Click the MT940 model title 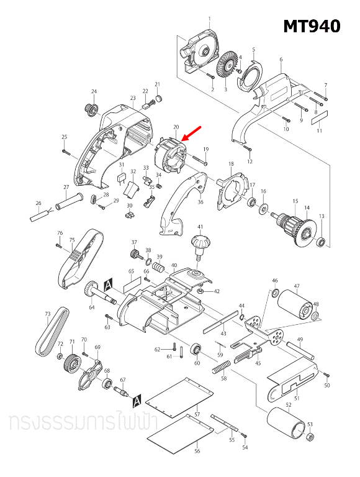[x=312, y=26]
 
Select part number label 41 [x=200, y=227]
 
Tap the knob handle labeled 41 [x=200, y=243]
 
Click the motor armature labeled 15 [x=293, y=222]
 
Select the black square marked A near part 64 [x=109, y=284]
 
